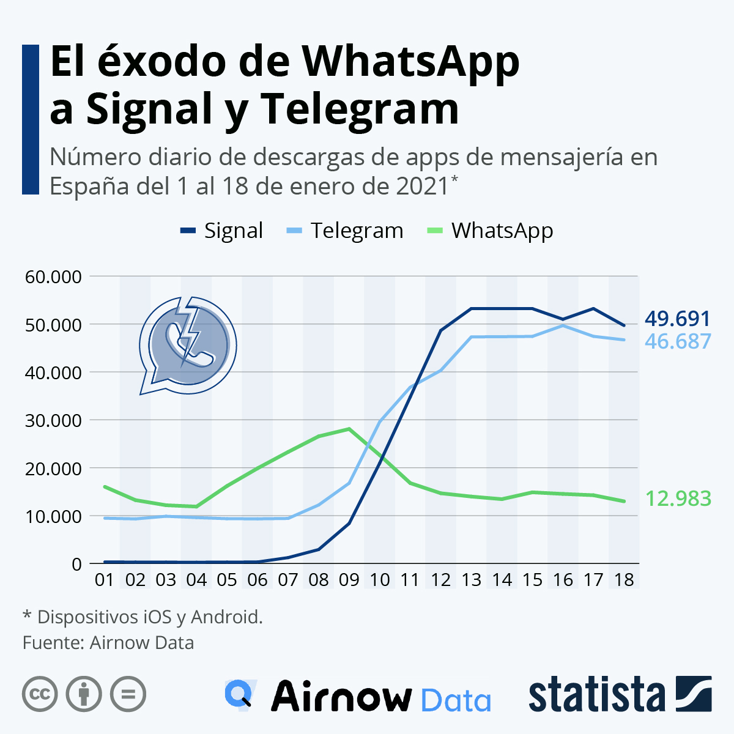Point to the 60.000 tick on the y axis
(53, 276)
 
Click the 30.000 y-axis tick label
(53, 420)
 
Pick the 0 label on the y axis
(76, 564)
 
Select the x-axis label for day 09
(349, 579)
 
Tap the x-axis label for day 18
(624, 579)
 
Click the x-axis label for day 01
(105, 579)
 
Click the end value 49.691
(677, 319)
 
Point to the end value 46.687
(678, 341)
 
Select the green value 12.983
(678, 499)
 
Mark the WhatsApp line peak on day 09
(349, 429)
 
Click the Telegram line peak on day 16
(563, 325)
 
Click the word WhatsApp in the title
(411, 61)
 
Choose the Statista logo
(620, 694)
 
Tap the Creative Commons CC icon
(40, 694)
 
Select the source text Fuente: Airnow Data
(108, 643)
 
